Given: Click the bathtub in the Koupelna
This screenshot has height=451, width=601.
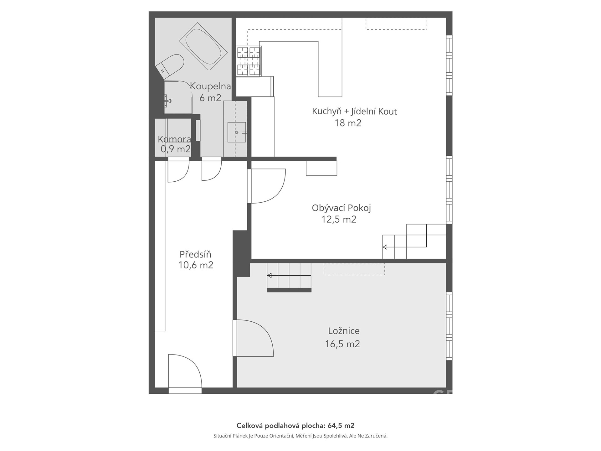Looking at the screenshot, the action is tap(203, 46).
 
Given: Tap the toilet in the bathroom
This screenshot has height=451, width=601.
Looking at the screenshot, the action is tap(170, 66).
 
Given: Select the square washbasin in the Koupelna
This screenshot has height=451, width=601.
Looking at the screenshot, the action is tap(237, 132).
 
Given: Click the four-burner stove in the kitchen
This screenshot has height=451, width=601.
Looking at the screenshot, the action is tap(249, 61).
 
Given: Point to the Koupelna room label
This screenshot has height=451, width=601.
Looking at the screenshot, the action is tap(210, 86).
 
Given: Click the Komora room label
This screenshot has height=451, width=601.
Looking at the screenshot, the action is tap(174, 139).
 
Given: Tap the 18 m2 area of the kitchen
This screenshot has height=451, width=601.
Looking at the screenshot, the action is tap(348, 123).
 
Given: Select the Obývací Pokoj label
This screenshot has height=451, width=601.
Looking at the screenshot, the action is tap(341, 208).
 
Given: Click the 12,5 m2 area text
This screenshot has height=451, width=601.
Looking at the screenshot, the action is tap(339, 220).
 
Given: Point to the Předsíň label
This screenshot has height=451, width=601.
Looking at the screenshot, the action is tap(195, 254).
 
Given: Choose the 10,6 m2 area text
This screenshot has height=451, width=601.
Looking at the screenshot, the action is tap(196, 265).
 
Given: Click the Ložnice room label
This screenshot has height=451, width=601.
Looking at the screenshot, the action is tap(344, 331).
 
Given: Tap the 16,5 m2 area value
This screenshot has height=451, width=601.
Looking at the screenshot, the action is tap(342, 344).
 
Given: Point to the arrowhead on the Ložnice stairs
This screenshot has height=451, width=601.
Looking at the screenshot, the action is tap(269, 276).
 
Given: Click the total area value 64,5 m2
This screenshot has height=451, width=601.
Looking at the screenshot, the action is tap(341, 426).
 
